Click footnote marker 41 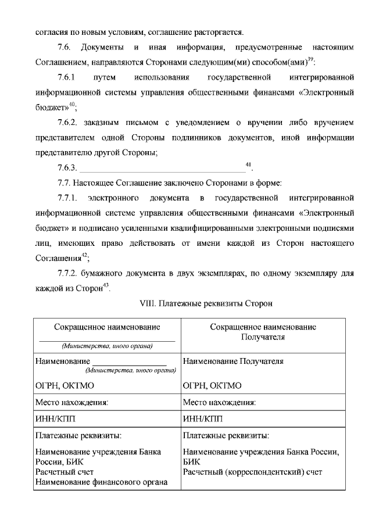click(248, 166)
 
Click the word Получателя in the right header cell click(263, 337)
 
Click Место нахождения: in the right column click(219, 402)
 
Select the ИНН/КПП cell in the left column click(55, 418)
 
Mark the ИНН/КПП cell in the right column click(203, 418)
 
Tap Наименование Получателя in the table click(233, 361)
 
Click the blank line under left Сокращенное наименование click(106, 340)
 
